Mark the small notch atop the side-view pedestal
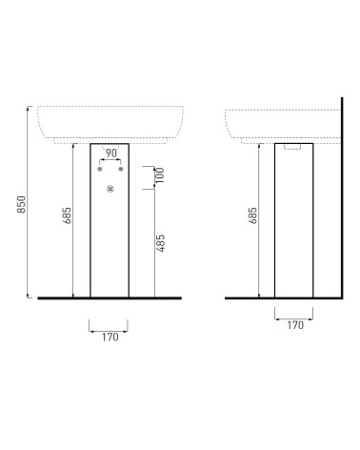(293, 148)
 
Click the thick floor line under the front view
(110, 299)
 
